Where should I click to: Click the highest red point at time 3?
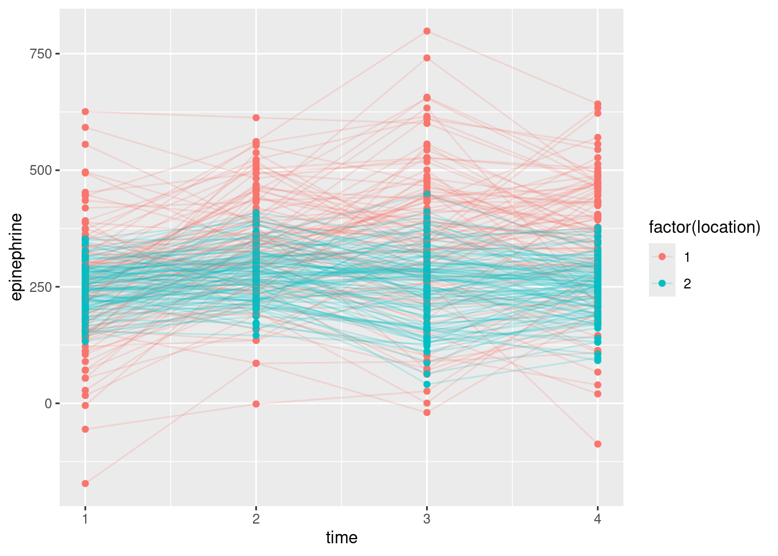pyautogui.click(x=427, y=31)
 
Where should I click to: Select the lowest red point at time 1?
pyautogui.click(x=85, y=484)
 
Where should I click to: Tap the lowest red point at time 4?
pyautogui.click(x=597, y=444)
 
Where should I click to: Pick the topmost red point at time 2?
pyautogui.click(x=256, y=118)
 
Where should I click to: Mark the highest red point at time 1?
pyautogui.click(x=85, y=111)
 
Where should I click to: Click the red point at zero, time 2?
pyautogui.click(x=256, y=404)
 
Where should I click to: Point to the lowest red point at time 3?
pyautogui.click(x=427, y=412)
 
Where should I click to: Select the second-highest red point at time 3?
pyautogui.click(x=427, y=58)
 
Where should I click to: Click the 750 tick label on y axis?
pyautogui.click(x=41, y=54)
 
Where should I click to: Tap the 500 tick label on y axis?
pyautogui.click(x=41, y=170)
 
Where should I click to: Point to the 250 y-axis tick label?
pyautogui.click(x=41, y=287)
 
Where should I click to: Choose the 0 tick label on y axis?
pyautogui.click(x=48, y=404)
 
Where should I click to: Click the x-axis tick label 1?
pyautogui.click(x=85, y=519)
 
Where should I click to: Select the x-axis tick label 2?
pyautogui.click(x=256, y=519)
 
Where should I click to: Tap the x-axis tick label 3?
pyautogui.click(x=427, y=519)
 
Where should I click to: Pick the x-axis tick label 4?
pyautogui.click(x=597, y=519)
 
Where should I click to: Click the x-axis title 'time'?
pyautogui.click(x=342, y=538)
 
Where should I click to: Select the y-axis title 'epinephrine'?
pyautogui.click(x=17, y=257)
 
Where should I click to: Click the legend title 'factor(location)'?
pyautogui.click(x=704, y=228)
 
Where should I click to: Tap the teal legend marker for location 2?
pyautogui.click(x=662, y=284)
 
